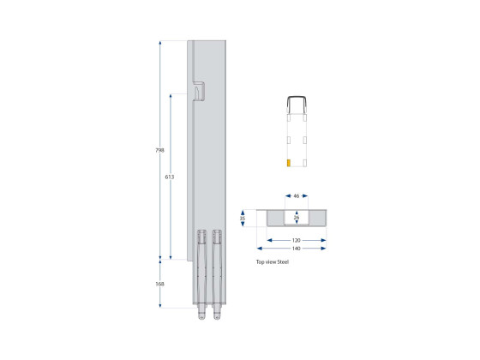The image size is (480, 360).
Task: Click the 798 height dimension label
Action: coord(159,150)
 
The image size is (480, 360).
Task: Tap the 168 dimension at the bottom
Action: coord(159,284)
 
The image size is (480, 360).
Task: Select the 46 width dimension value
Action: coord(297,196)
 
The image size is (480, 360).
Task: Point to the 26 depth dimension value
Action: coord(297,218)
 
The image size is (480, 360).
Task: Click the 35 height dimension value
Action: coord(243,219)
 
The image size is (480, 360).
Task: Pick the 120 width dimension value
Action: coord(297,240)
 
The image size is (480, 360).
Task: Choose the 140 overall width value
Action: coord(297,249)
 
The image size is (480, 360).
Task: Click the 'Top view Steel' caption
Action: coord(273,262)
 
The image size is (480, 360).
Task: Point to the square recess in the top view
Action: coord(297,219)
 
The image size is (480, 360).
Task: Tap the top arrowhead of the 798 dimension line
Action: coord(159,42)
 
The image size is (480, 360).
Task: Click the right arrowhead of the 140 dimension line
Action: coord(326,249)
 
